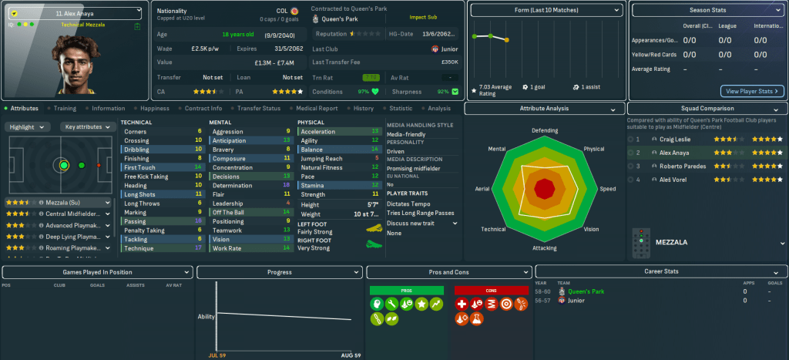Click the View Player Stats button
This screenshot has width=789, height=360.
(x=752, y=91)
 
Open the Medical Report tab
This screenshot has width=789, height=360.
(x=317, y=109)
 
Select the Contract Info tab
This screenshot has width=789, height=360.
(x=203, y=109)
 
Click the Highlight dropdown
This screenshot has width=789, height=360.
(x=29, y=126)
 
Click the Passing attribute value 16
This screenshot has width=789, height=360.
(x=199, y=220)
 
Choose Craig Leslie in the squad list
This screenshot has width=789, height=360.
(x=675, y=139)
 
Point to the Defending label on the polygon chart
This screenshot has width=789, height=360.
(x=545, y=130)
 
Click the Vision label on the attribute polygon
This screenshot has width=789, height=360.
(x=591, y=229)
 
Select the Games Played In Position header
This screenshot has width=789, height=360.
(x=97, y=272)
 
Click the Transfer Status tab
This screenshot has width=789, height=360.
(x=260, y=109)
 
